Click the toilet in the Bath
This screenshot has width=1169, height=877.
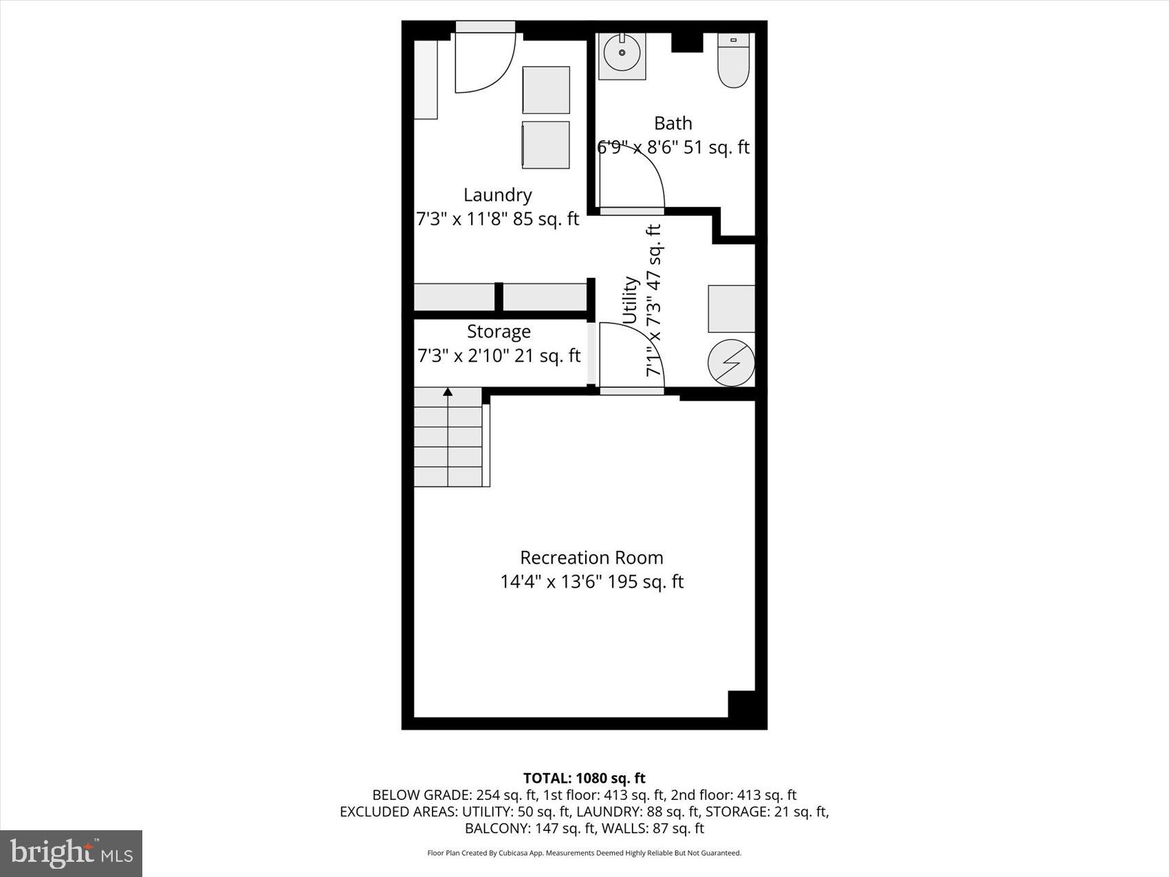(x=733, y=61)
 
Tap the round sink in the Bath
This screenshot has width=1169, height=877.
(x=622, y=53)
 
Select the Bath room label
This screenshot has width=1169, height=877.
(x=673, y=123)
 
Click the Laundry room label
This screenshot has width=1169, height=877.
(x=497, y=195)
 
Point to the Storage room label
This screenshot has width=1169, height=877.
(x=499, y=332)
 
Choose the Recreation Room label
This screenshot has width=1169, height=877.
(x=591, y=557)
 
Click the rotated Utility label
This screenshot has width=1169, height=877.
(x=631, y=301)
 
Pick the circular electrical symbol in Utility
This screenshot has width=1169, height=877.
(x=731, y=362)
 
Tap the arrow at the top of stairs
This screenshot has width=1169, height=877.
(x=448, y=392)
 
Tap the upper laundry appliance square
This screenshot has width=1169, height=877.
(x=546, y=89)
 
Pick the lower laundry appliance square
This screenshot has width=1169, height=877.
(x=546, y=144)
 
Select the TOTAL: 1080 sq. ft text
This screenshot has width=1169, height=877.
(x=584, y=778)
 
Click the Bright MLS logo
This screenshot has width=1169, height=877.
(x=72, y=854)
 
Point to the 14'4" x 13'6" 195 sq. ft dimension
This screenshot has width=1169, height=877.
(x=591, y=582)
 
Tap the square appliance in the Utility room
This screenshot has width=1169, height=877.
(x=732, y=309)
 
